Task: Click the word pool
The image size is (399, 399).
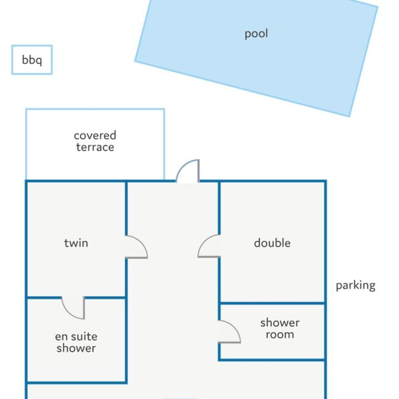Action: [256, 34]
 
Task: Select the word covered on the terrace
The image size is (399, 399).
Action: [95, 135]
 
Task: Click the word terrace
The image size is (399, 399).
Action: [95, 147]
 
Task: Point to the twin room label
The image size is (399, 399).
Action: [76, 243]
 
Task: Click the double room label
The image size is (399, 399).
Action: [272, 243]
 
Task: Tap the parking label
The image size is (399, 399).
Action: [355, 286]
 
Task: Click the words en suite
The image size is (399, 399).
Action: [76, 337]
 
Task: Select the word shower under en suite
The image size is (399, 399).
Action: [76, 348]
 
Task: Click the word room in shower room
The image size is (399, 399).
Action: [280, 335]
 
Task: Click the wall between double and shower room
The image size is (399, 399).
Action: [272, 303]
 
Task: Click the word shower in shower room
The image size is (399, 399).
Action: [280, 323]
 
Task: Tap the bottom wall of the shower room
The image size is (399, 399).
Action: [272, 360]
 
